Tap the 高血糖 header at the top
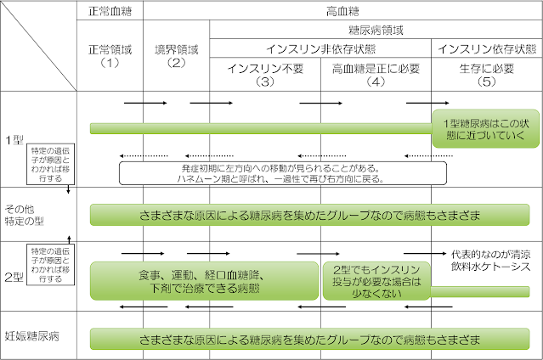pos(341,11)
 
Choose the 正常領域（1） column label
pos(108,55)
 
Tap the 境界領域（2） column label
pos(176,55)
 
